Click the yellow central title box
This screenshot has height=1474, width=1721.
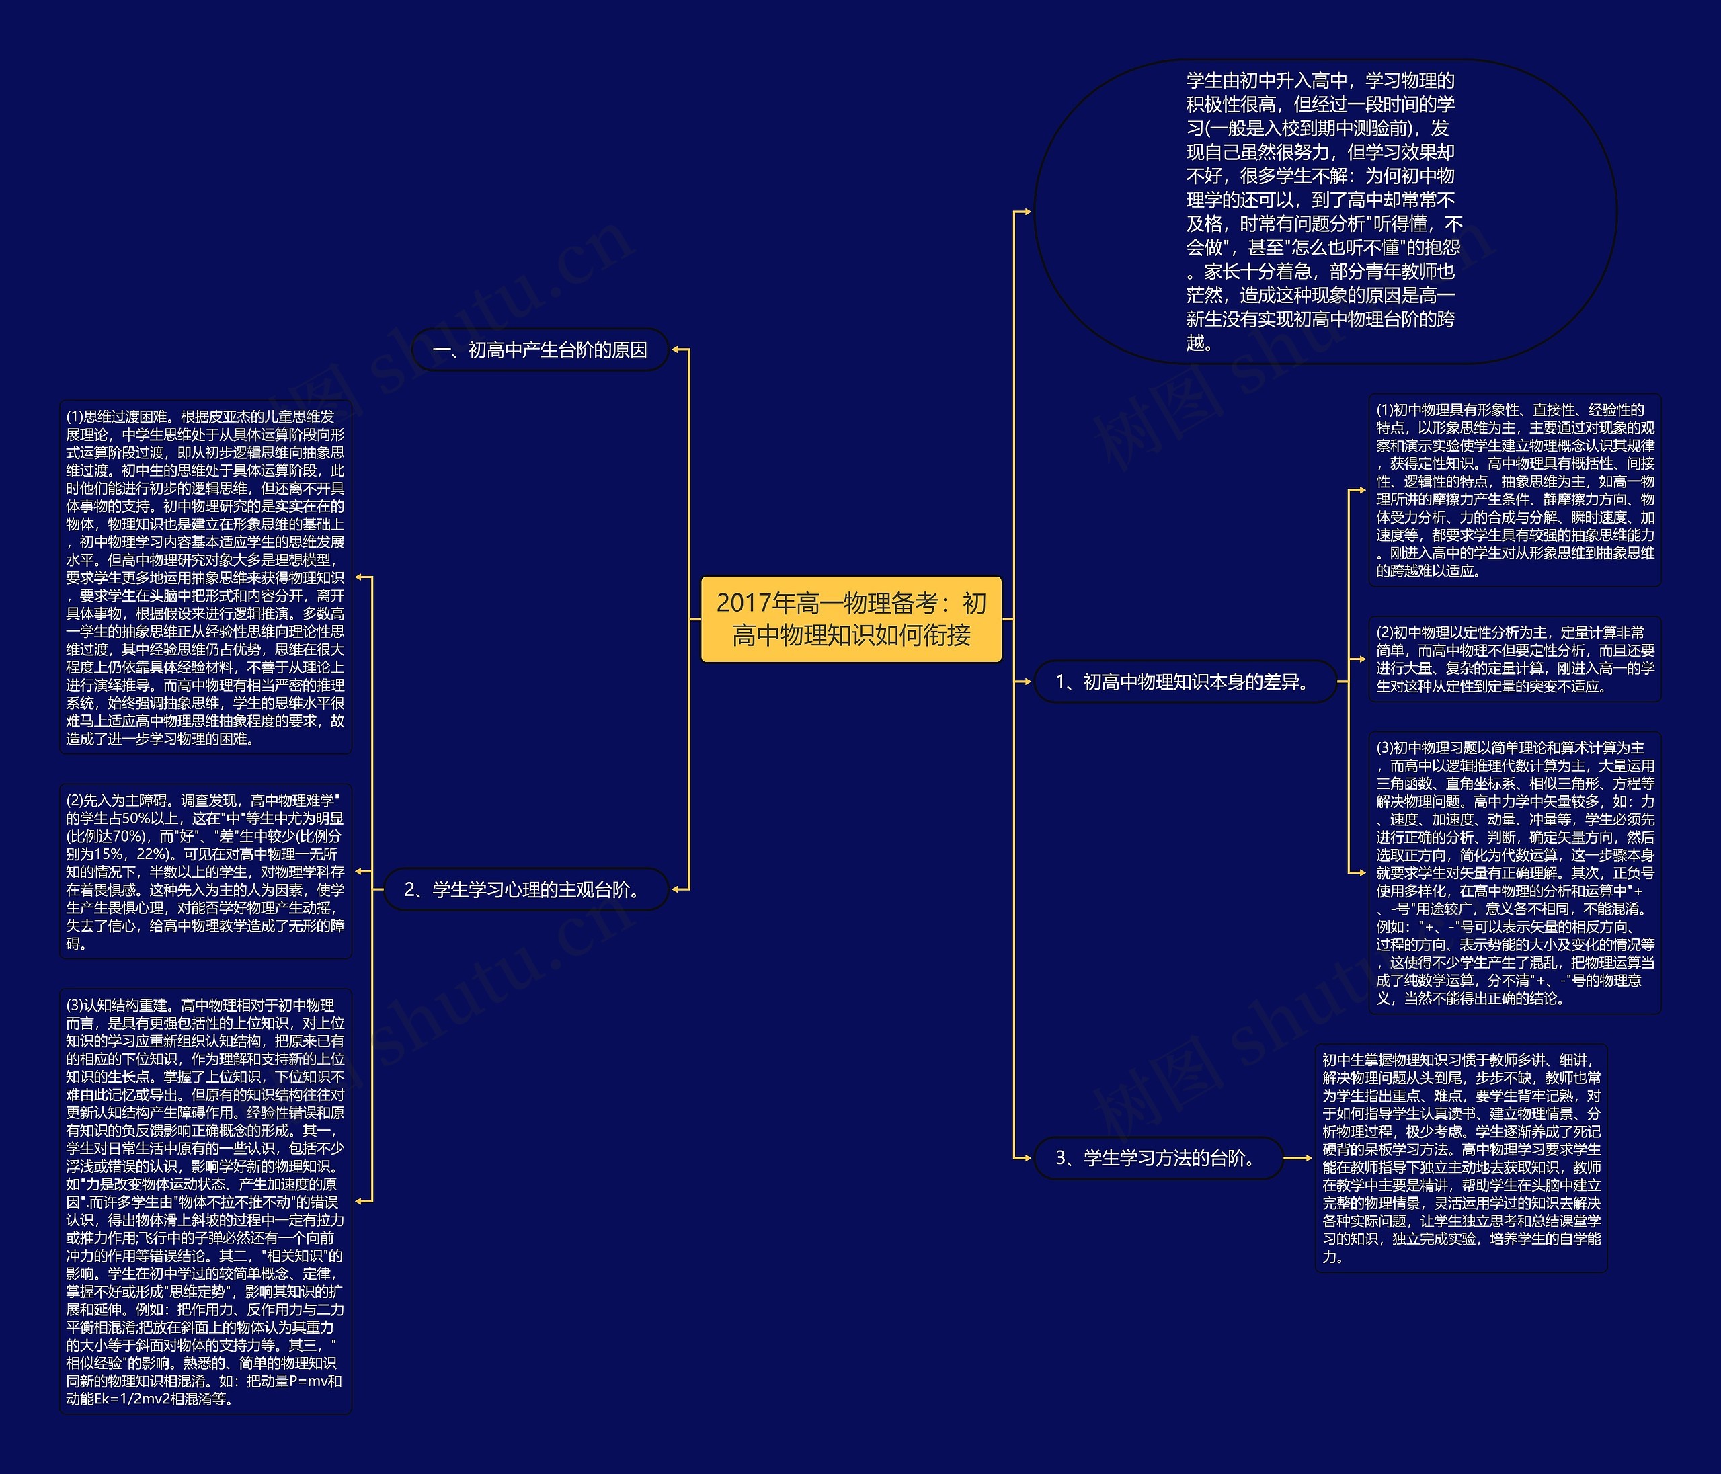click(x=851, y=618)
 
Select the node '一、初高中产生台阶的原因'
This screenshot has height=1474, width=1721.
click(x=540, y=350)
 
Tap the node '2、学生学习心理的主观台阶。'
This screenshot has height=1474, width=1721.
click(x=525, y=889)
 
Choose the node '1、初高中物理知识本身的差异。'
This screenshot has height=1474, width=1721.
click(x=1185, y=682)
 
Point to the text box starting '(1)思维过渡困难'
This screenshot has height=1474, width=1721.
click(x=205, y=577)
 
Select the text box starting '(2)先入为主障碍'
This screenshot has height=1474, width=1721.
click(x=205, y=871)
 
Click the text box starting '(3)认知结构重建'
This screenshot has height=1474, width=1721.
click(x=205, y=1201)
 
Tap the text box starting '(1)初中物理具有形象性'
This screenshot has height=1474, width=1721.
click(x=1514, y=490)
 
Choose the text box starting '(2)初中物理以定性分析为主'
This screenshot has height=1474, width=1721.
click(x=1514, y=659)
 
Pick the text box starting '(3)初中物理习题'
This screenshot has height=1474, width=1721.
click(x=1514, y=872)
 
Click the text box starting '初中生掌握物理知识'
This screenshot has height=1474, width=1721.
click(x=1461, y=1157)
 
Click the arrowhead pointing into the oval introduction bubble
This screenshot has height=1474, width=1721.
click(x=1027, y=212)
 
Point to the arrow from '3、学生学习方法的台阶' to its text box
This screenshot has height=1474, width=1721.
click(x=1298, y=1157)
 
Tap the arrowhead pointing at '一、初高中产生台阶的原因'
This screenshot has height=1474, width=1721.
click(x=676, y=350)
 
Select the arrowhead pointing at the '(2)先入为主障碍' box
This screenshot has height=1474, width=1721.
click(x=360, y=871)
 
